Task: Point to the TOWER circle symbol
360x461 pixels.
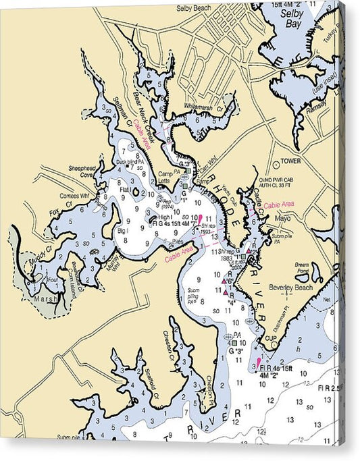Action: click(x=276, y=163)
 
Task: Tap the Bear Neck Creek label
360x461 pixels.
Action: click(x=145, y=112)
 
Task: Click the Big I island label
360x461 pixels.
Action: click(x=122, y=231)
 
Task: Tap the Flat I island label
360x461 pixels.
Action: click(x=125, y=190)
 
